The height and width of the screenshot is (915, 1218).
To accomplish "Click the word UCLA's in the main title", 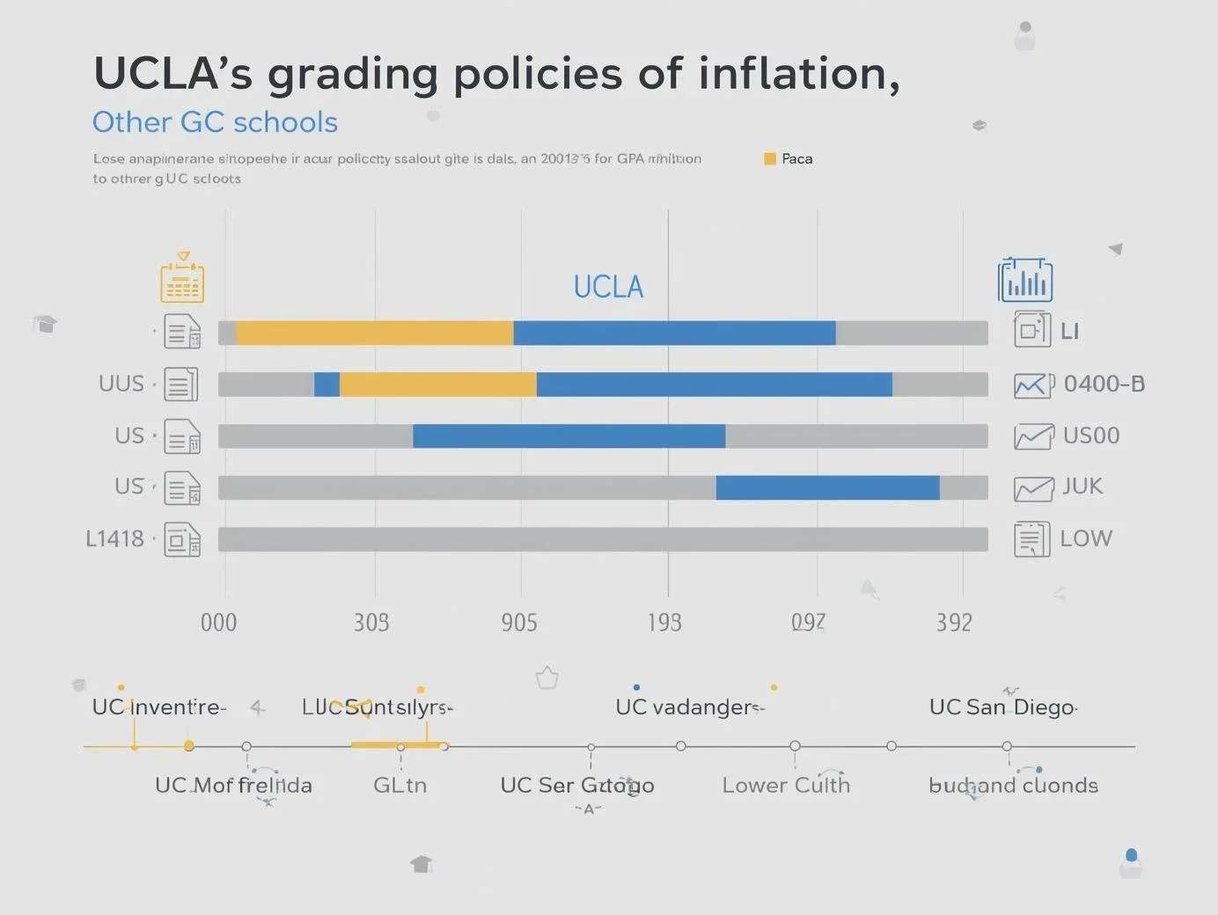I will click(172, 74).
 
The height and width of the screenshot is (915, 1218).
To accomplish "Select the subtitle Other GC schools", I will click(215, 122).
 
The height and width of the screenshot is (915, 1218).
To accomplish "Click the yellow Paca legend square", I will click(770, 159).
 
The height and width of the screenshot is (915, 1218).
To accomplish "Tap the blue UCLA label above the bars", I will click(608, 287).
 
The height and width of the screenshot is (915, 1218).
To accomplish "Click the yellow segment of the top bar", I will click(375, 333).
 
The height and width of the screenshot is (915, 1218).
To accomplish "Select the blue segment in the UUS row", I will click(714, 384).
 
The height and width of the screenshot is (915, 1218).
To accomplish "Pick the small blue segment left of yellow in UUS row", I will click(327, 384).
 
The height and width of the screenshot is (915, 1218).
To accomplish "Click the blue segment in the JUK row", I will click(827, 487).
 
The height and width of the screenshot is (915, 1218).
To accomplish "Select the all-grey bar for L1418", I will click(603, 539).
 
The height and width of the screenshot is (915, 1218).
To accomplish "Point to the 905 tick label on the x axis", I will click(519, 623).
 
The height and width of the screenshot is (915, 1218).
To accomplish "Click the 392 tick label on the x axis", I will click(954, 623).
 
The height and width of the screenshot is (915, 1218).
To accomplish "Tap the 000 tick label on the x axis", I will click(218, 623).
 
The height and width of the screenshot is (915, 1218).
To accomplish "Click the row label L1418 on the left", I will click(114, 538).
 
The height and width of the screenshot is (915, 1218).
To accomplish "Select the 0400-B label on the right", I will click(1104, 384).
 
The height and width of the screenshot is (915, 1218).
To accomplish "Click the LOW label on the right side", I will click(1086, 538).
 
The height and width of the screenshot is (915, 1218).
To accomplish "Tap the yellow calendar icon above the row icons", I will click(182, 279).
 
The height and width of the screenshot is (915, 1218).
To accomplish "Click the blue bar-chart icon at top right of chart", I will click(1025, 281).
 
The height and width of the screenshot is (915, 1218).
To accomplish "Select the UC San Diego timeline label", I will click(1002, 707).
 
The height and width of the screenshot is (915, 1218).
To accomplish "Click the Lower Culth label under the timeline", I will click(786, 786).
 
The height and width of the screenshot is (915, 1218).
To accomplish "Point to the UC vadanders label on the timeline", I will click(688, 707).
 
